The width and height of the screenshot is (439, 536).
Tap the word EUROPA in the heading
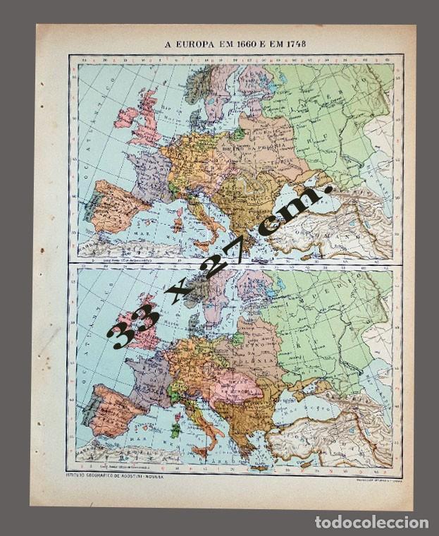click(x=194, y=44)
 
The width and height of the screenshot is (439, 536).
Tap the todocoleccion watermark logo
click(x=371, y=523)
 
